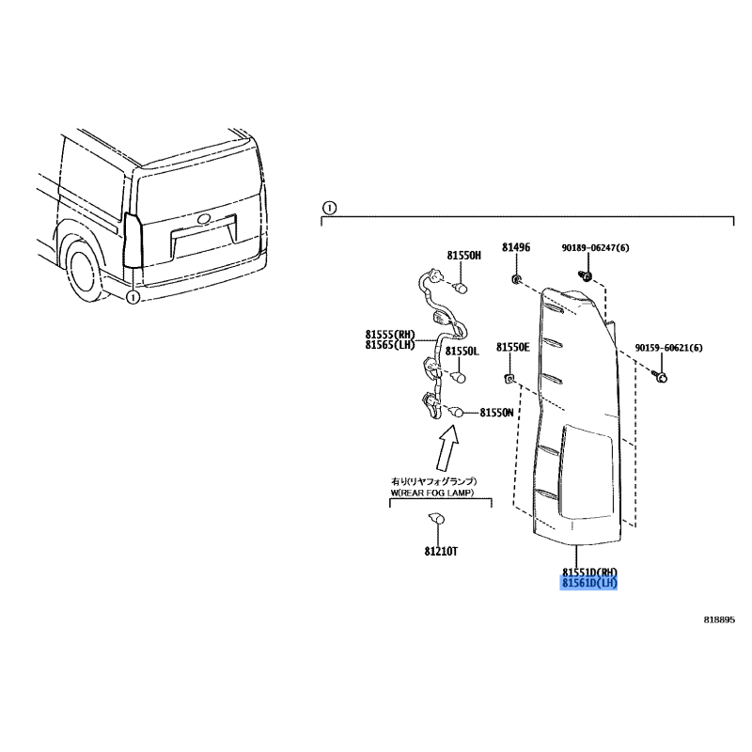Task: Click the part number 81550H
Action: [x=463, y=256]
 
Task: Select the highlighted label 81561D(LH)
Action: [x=588, y=583]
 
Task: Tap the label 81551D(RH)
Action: [x=589, y=572]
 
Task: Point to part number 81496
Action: [x=516, y=247]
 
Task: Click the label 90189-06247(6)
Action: [x=595, y=248]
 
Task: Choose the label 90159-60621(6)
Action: [x=668, y=348]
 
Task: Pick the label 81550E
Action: [x=512, y=347]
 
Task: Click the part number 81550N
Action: [x=496, y=413]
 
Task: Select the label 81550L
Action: [x=462, y=352]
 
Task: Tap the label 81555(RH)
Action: [x=390, y=335]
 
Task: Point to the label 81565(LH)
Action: [x=389, y=345]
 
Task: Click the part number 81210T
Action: [x=441, y=552]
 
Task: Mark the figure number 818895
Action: [x=719, y=619]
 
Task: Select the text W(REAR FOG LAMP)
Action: [x=432, y=493]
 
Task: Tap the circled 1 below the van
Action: [x=133, y=297]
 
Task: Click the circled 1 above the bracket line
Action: [x=330, y=208]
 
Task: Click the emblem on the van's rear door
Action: [x=204, y=219]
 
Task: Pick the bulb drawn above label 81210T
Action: [x=436, y=519]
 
